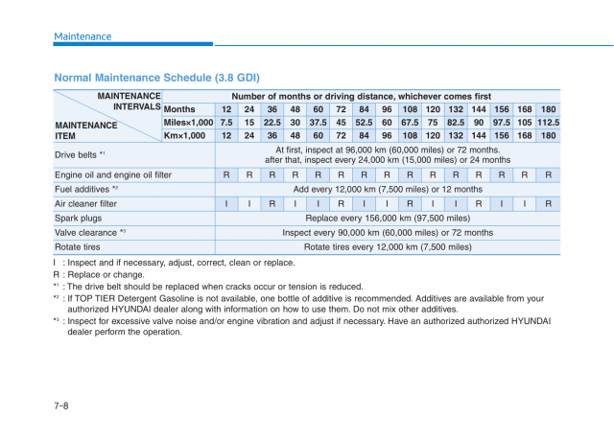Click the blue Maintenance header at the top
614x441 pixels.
click(83, 36)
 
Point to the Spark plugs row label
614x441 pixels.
click(78, 218)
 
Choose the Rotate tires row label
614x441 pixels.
click(78, 246)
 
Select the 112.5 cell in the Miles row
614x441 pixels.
click(548, 123)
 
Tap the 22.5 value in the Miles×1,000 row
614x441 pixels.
click(272, 123)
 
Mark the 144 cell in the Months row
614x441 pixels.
click(479, 109)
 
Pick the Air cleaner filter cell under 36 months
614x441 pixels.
click(272, 203)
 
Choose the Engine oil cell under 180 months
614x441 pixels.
click(548, 175)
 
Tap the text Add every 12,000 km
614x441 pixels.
click(388, 190)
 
